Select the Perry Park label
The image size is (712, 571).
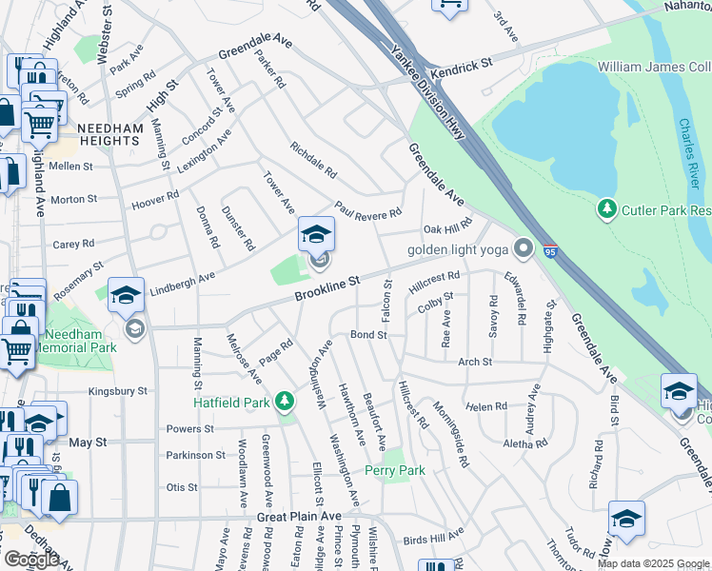395,470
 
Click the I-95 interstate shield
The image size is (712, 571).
550,250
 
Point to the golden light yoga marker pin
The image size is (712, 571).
523,250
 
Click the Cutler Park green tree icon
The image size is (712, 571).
606,207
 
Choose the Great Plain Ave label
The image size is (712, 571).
299,516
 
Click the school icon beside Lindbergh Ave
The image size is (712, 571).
125,295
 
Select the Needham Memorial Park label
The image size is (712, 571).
75,341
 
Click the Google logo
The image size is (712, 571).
30,559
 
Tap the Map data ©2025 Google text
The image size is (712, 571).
653,563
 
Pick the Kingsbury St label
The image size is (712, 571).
118,391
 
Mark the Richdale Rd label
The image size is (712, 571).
313,162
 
